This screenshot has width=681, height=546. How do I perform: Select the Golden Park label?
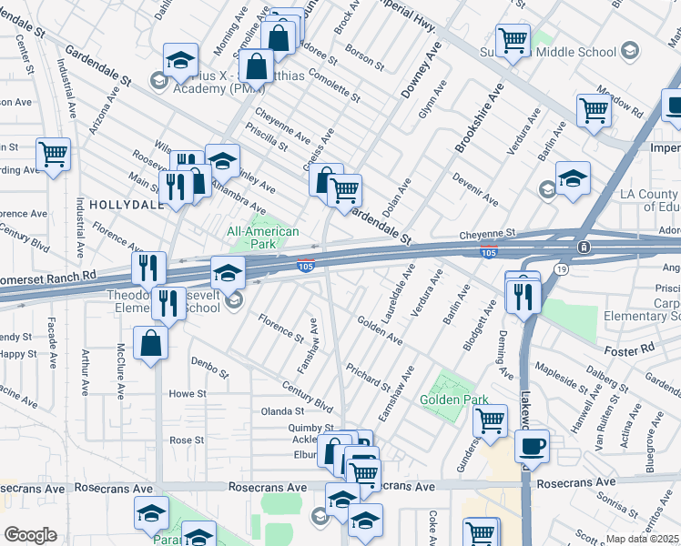click(453, 399)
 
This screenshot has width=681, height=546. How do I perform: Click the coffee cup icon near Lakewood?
click(532, 446)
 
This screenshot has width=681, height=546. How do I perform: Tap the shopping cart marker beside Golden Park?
click(491, 420)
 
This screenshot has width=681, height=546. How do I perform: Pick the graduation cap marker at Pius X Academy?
click(181, 60)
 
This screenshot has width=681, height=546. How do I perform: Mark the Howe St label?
click(188, 394)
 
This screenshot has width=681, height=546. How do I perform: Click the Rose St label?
click(186, 440)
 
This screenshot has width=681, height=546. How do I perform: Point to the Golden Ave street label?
click(380, 330)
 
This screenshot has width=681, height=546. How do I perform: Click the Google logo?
click(30, 535)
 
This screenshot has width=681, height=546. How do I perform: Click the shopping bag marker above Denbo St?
click(150, 343)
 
